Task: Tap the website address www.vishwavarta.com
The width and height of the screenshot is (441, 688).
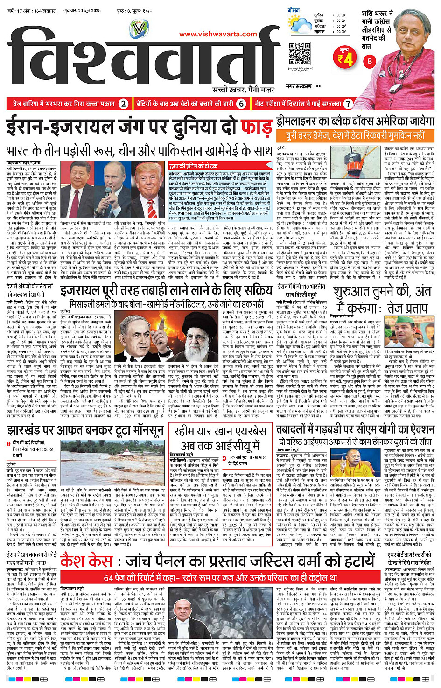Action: coord(218,34)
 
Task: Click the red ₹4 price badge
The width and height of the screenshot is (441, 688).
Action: coord(345,58)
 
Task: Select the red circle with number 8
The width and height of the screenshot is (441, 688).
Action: coord(370,61)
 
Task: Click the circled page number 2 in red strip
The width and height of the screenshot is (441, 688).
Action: coord(123,104)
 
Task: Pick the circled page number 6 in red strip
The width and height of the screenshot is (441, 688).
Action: coord(241,104)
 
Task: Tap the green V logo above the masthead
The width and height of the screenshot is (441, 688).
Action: coord(139,29)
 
